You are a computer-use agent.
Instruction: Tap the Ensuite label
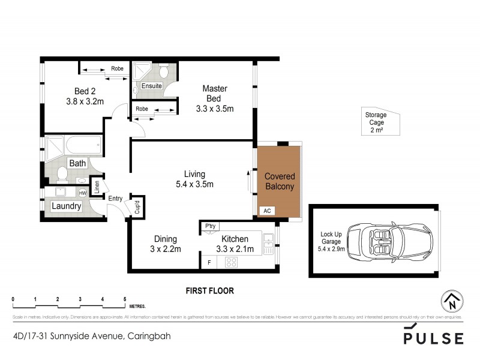[151, 86]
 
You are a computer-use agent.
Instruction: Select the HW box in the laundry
[82, 193]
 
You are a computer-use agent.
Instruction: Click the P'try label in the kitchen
[210, 226]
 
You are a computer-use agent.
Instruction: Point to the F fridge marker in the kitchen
[208, 262]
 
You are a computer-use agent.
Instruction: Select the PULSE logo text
[433, 338]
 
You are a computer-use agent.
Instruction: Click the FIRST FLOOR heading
[209, 291]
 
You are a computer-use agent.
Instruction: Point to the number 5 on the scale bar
[125, 299]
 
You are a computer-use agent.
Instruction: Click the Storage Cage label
[377, 122]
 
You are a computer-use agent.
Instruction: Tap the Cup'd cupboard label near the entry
[136, 207]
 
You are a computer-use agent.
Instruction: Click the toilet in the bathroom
[61, 175]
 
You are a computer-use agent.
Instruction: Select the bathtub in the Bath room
[83, 145]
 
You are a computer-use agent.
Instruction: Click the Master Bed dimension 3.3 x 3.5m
[214, 109]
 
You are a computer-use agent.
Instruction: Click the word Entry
[115, 198]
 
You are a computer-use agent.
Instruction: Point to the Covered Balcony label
[279, 182]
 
